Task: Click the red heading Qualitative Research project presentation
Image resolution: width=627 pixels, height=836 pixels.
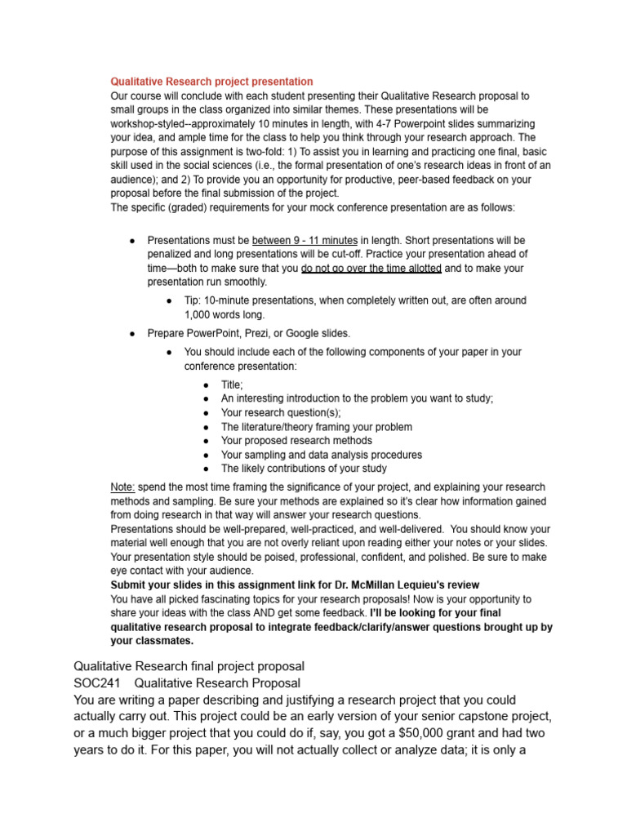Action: tap(211, 82)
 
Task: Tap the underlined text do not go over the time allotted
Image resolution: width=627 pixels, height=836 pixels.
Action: tap(371, 268)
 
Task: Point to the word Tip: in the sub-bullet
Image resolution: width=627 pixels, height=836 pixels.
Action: tap(193, 300)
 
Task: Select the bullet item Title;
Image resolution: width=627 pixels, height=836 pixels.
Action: tap(232, 385)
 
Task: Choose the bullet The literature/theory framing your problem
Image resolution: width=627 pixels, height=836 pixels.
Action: tap(316, 426)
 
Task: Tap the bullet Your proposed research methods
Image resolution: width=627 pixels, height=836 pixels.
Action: tap(296, 440)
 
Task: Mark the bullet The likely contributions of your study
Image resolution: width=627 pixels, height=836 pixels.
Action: tap(304, 469)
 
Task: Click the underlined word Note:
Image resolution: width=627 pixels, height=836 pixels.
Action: tap(123, 487)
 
